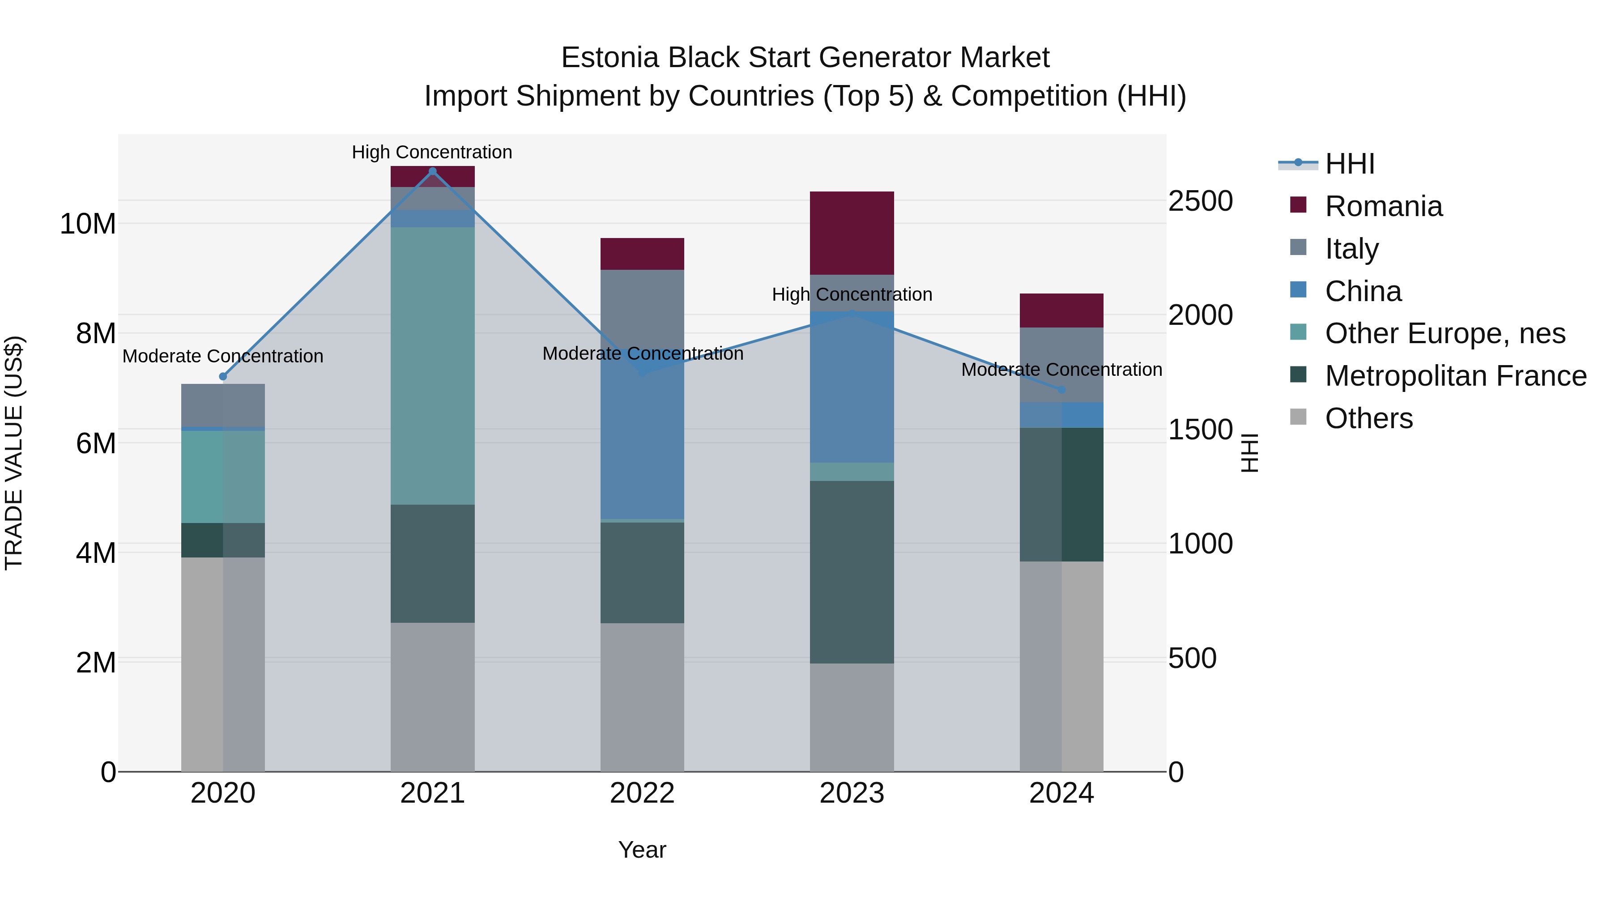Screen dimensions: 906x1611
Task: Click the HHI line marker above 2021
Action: (x=432, y=171)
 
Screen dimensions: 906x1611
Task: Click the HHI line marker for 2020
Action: (x=223, y=376)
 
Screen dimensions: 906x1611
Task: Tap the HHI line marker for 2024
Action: (x=1061, y=390)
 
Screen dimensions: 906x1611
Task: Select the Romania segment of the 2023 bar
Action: (x=852, y=233)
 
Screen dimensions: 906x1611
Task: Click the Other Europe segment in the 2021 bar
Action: (x=432, y=366)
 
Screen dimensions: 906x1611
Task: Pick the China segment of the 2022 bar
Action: (x=642, y=438)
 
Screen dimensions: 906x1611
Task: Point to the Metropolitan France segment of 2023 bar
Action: (x=852, y=572)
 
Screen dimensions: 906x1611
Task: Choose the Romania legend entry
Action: (x=1383, y=206)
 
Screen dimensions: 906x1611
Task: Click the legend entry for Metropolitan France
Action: (x=1455, y=376)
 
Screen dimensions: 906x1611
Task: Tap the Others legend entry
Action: (x=1368, y=418)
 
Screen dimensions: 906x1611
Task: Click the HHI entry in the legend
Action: (x=1350, y=164)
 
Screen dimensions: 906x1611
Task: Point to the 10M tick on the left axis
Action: (x=88, y=224)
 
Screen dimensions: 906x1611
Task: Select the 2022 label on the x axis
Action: (x=642, y=793)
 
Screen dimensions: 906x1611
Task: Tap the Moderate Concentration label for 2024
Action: (x=1061, y=370)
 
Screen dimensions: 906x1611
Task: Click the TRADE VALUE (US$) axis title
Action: (x=14, y=453)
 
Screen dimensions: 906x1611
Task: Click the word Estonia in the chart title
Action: (x=610, y=58)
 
